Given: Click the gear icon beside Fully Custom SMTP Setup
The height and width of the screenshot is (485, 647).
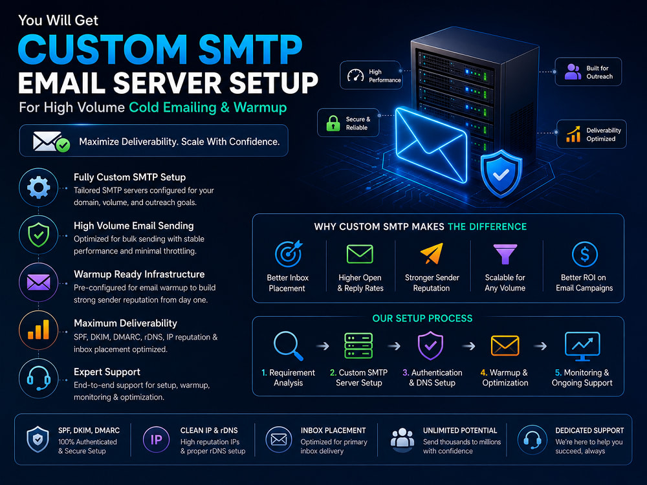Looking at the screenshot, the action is pyautogui.click(x=38, y=188).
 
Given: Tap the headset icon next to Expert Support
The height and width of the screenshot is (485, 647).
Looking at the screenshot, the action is pyautogui.click(x=39, y=378).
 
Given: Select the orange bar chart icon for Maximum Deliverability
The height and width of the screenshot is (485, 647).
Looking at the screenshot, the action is pyautogui.click(x=38, y=330).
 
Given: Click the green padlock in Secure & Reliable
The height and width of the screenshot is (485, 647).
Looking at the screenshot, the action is pyautogui.click(x=333, y=123).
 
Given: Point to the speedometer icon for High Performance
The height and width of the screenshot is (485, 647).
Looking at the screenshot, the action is pyautogui.click(x=355, y=75).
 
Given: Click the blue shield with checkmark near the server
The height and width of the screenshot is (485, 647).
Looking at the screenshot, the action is pyautogui.click(x=501, y=173).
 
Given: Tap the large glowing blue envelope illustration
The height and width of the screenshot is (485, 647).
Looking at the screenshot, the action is pyautogui.click(x=431, y=144).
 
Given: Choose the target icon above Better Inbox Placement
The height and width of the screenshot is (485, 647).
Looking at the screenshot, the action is pyautogui.click(x=289, y=253).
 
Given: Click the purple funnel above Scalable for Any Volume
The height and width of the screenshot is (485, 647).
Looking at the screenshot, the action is pyautogui.click(x=505, y=253).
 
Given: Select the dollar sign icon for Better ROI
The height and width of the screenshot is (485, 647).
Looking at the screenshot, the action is pyautogui.click(x=585, y=254).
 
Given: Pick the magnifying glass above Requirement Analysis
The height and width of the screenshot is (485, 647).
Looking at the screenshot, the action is pyautogui.click(x=288, y=346).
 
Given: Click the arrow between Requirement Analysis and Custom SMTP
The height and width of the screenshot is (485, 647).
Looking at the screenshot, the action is pyautogui.click(x=322, y=346).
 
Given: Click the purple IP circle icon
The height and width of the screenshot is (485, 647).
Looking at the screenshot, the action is pyautogui.click(x=157, y=440).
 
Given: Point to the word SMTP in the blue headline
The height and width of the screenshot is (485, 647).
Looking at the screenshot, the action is pyautogui.click(x=250, y=50).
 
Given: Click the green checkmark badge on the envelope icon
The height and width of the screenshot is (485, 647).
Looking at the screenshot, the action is pyautogui.click(x=63, y=145).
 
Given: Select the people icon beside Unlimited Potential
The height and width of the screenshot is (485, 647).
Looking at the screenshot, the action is pyautogui.click(x=402, y=438).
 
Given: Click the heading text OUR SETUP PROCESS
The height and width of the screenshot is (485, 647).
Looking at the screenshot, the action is pyautogui.click(x=422, y=318).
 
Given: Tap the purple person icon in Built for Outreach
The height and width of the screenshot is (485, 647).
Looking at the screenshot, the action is pyautogui.click(x=573, y=72).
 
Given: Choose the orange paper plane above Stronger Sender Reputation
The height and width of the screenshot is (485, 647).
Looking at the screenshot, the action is pyautogui.click(x=432, y=253).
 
